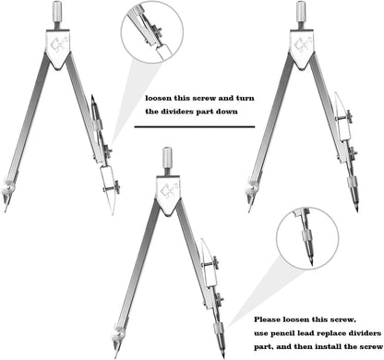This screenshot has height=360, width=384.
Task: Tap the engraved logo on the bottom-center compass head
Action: [x=167, y=191]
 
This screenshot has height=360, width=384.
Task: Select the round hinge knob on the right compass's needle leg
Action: [x=252, y=188]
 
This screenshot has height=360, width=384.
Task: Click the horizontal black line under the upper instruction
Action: [x=195, y=126]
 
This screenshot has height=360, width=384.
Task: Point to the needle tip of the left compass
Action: [x=5, y=210]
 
